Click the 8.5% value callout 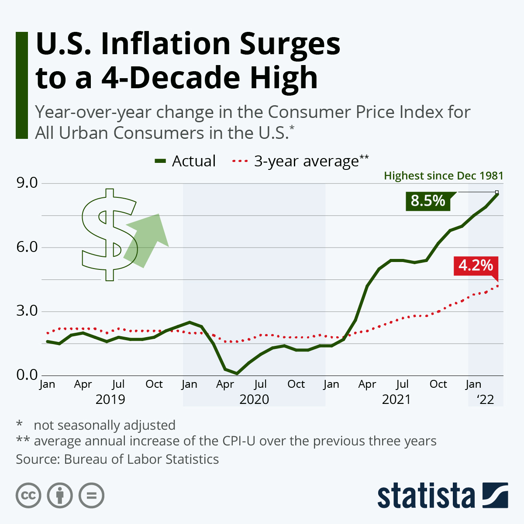pos(428,201)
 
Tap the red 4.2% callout pos(476,265)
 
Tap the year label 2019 pos(110,400)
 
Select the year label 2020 pos(254,400)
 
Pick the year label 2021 pos(396,400)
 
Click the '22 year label pos(485,400)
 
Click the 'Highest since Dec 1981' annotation pos(443,176)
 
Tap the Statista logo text pos(426,496)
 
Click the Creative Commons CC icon pos(28,496)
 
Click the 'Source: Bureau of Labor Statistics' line pos(117,459)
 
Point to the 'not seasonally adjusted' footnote pos(104,425)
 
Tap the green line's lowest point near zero pos(237,373)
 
